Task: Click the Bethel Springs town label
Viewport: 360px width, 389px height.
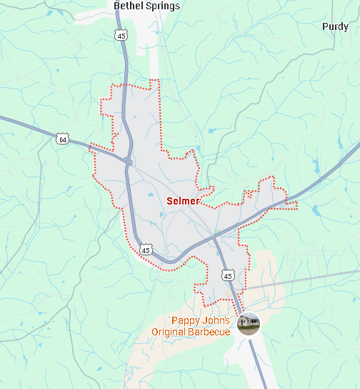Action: [147, 6]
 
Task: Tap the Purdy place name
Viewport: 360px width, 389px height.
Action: [335, 26]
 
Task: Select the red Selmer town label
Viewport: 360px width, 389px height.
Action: [183, 201]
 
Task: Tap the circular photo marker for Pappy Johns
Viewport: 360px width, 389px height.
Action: [249, 323]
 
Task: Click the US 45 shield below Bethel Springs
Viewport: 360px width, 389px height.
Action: [121, 35]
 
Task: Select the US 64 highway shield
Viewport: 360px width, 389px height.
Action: [63, 139]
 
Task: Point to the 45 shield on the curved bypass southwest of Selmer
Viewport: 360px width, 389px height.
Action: [146, 250]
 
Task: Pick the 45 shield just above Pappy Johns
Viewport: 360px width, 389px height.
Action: [227, 275]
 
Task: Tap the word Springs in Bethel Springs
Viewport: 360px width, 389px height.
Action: [163, 6]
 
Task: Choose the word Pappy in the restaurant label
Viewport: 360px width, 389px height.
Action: [184, 320]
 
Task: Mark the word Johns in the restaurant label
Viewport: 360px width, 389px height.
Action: [216, 320]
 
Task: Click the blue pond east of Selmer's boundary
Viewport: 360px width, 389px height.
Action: [316, 210]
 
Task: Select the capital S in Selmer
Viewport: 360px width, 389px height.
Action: [170, 201]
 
